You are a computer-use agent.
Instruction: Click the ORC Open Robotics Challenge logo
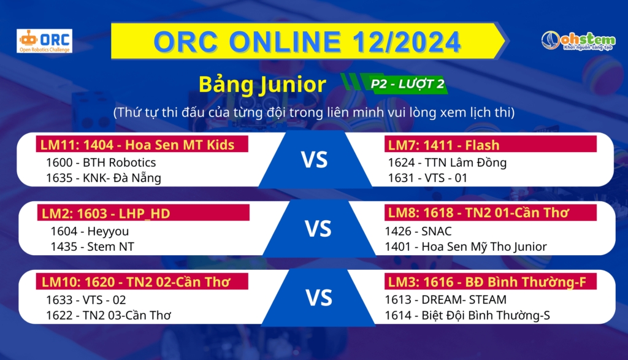[44, 41]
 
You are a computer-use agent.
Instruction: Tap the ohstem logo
[578, 41]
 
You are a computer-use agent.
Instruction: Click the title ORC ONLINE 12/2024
[307, 42]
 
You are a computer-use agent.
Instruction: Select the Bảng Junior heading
[262, 85]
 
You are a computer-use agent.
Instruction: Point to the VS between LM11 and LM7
[315, 160]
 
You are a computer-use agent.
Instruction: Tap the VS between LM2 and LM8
[318, 229]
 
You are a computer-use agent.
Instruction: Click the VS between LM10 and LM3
[319, 298]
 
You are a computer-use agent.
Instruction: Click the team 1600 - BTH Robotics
[101, 163]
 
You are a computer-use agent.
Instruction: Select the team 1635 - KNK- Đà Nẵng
[104, 178]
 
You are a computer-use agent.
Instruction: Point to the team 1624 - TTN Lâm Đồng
[447, 163]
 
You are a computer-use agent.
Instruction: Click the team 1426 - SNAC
[418, 231]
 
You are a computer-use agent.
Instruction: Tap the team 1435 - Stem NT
[93, 247]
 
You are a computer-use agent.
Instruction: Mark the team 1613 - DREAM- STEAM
[446, 300]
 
